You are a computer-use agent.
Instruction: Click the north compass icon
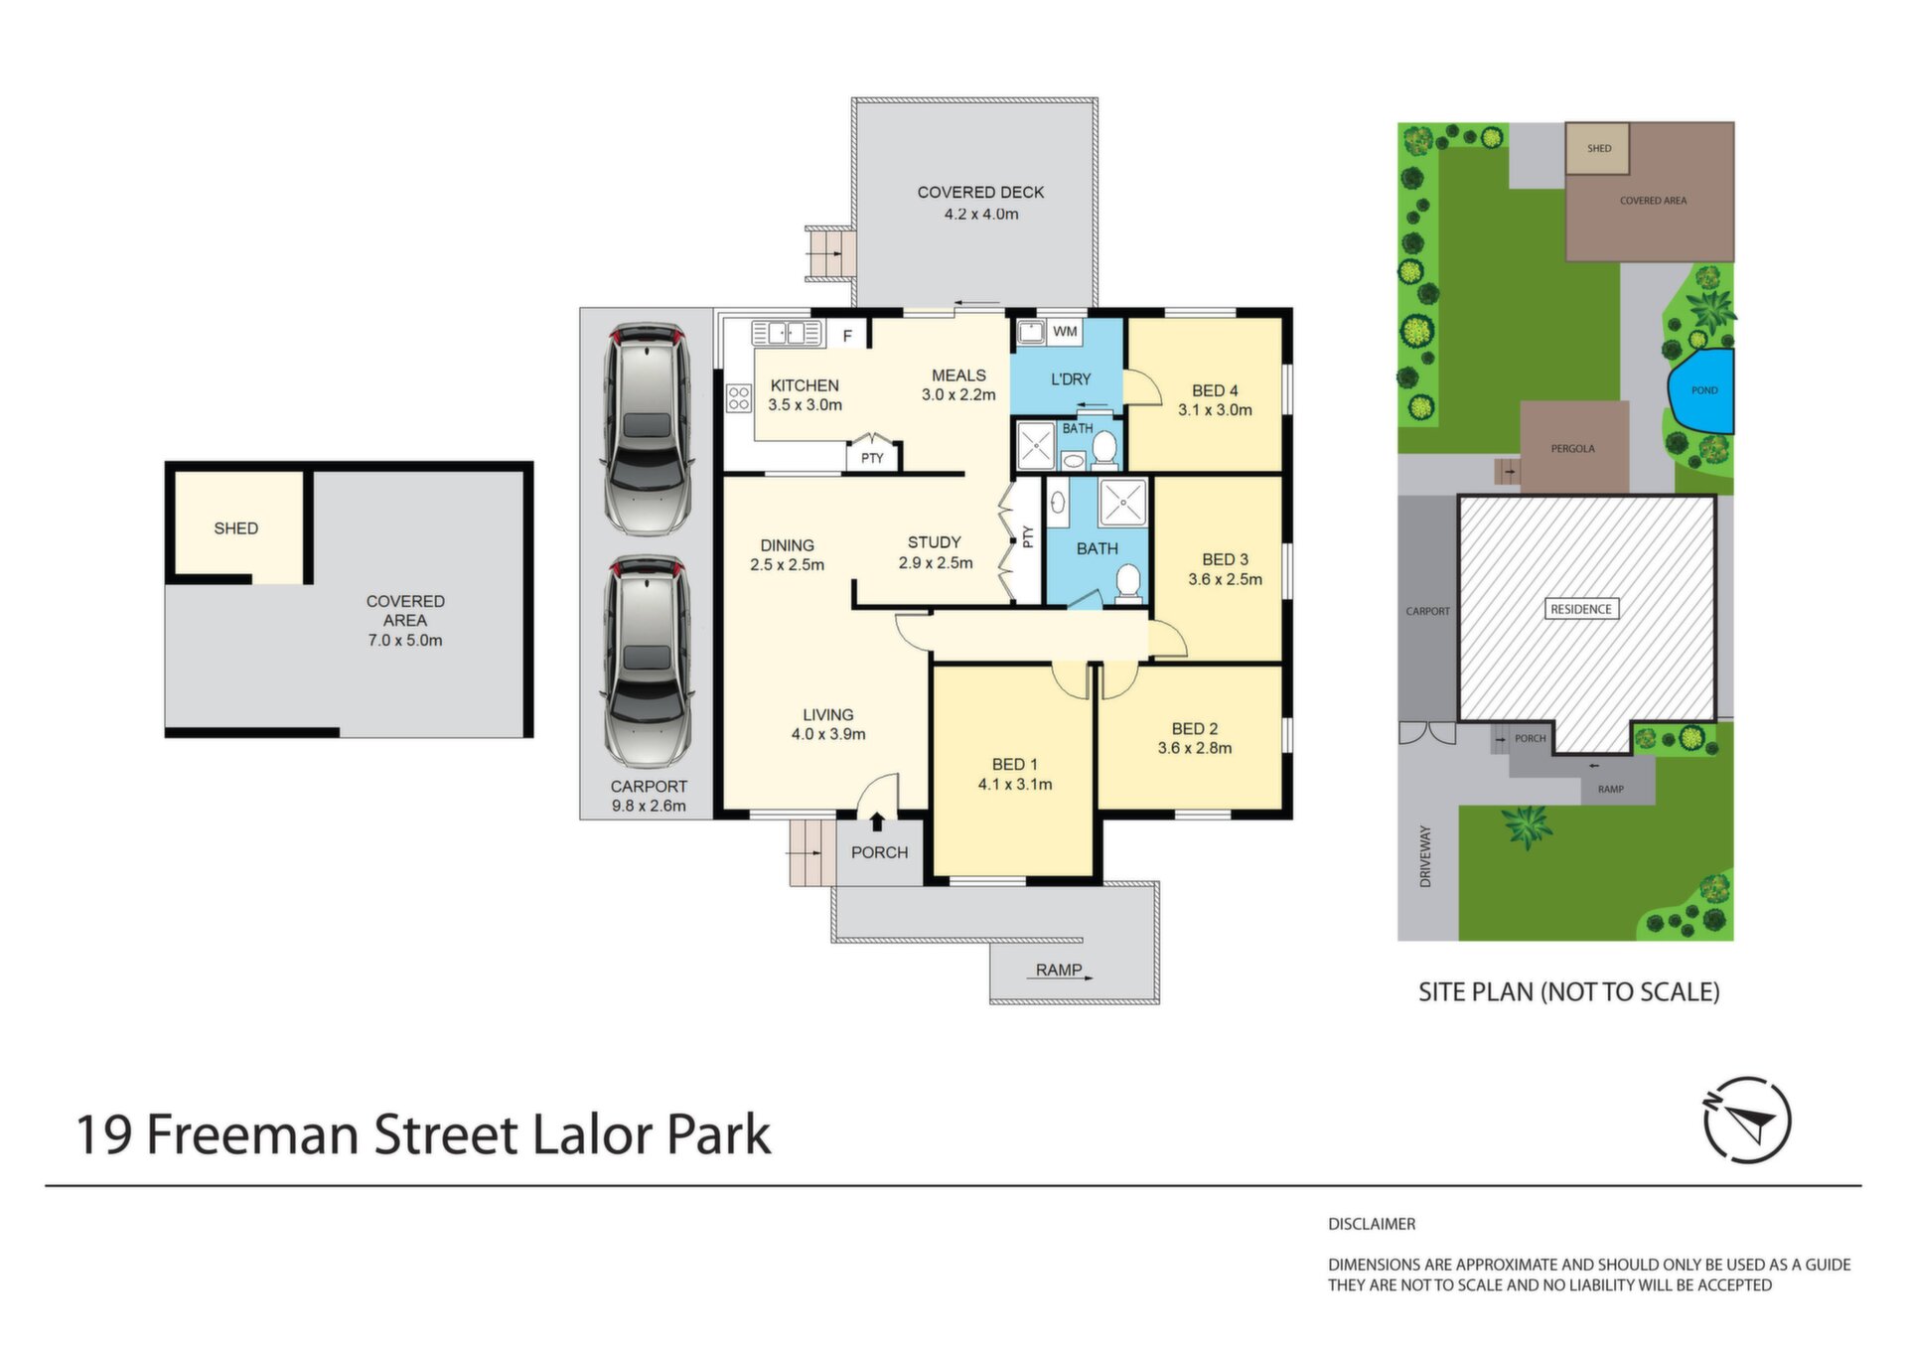pos(1747,1120)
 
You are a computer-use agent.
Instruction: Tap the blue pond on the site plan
pos(1702,390)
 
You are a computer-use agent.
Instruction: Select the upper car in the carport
pos(648,428)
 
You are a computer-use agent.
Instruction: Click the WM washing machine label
pos(1065,332)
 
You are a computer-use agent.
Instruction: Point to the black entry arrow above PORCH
pos(877,822)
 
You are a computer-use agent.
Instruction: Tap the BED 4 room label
pos(1215,390)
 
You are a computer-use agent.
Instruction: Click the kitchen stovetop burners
pos(738,398)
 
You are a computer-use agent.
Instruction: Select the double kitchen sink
pos(787,333)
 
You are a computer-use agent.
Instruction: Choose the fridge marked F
pos(847,336)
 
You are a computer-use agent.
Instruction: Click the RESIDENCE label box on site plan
pos(1581,609)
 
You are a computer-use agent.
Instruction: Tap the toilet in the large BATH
pos(1127,582)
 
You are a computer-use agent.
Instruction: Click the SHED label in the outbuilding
pos(236,528)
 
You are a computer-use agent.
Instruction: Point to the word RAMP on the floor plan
pos(1059,970)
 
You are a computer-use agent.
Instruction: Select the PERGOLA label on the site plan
pos(1573,449)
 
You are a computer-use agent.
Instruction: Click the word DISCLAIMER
pos(1372,1224)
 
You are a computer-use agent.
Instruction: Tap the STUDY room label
pos(935,542)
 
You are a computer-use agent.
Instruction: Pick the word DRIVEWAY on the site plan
pos(1425,856)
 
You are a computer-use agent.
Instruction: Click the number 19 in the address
pos(104,1135)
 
